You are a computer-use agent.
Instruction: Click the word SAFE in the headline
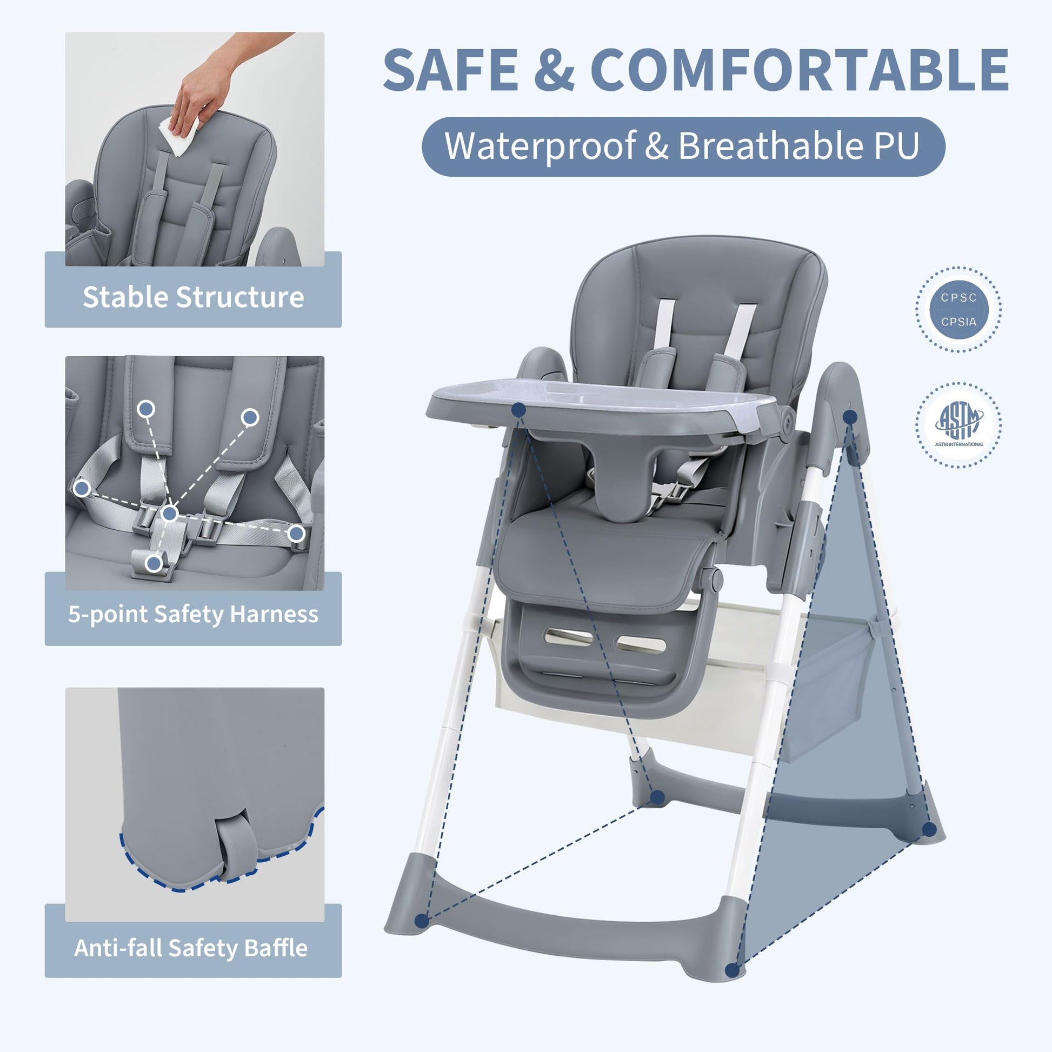(451, 70)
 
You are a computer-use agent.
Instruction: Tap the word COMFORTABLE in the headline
(800, 70)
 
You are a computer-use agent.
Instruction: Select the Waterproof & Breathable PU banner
(683, 147)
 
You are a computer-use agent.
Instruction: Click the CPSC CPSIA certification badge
(958, 309)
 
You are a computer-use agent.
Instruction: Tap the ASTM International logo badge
(958, 425)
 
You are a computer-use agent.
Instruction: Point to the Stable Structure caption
(194, 297)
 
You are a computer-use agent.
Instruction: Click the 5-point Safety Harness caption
(194, 614)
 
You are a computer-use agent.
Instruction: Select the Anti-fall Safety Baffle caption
(191, 948)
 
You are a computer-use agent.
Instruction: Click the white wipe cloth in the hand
(178, 136)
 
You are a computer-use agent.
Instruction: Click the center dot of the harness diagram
(170, 513)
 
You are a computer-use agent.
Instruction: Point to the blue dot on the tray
(519, 409)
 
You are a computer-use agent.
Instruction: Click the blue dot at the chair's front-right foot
(732, 970)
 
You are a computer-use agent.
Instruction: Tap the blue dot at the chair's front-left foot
(422, 921)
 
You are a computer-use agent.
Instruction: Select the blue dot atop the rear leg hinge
(850, 417)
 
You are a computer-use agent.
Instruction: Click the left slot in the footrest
(568, 636)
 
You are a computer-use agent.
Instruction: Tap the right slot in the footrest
(641, 644)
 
